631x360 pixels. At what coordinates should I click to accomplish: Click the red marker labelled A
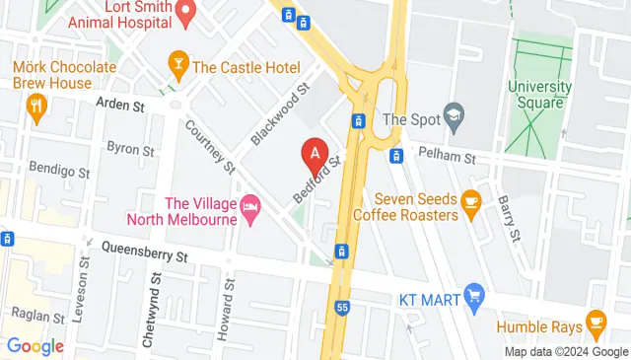click(315, 154)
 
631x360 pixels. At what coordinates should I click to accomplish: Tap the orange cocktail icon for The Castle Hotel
click(178, 67)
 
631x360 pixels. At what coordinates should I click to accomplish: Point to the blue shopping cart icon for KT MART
click(475, 296)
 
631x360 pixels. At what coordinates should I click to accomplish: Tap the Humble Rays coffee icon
click(596, 323)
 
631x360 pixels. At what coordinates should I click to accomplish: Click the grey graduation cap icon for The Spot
click(454, 116)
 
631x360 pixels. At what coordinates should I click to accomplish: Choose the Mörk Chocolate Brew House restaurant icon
click(37, 107)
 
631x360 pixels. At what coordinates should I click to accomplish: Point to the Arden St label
click(120, 102)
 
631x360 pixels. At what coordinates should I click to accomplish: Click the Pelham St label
click(447, 157)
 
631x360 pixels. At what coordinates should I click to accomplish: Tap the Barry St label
click(509, 217)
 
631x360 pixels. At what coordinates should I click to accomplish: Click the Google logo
click(35, 346)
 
